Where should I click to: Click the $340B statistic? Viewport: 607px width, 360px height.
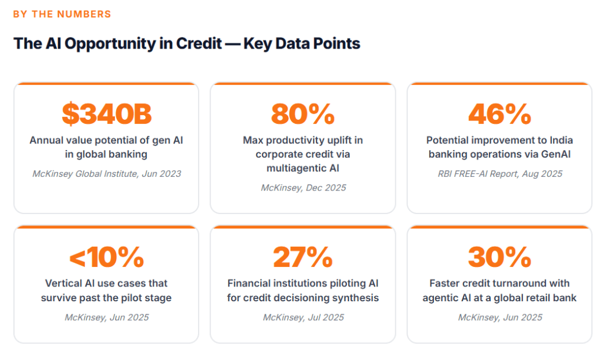(106, 114)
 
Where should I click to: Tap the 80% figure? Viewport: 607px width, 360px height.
(303, 114)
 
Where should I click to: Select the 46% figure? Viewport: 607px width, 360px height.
(499, 114)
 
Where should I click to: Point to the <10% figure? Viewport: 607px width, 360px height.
(106, 257)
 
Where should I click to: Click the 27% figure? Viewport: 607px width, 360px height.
(303, 257)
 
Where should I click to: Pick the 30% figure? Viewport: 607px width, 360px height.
(499, 257)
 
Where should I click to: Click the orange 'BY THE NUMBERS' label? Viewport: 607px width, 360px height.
(62, 14)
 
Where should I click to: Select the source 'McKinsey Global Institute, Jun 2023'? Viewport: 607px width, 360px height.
(107, 174)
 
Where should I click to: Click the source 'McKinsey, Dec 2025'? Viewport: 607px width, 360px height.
(303, 187)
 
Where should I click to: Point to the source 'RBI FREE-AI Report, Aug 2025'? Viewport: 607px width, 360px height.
(499, 174)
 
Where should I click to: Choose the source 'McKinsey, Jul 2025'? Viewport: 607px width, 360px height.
(303, 317)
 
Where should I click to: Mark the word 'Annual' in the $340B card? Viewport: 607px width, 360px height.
(46, 141)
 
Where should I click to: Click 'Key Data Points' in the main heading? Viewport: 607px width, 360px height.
(301, 43)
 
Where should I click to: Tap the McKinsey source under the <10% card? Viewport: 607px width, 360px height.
(107, 317)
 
